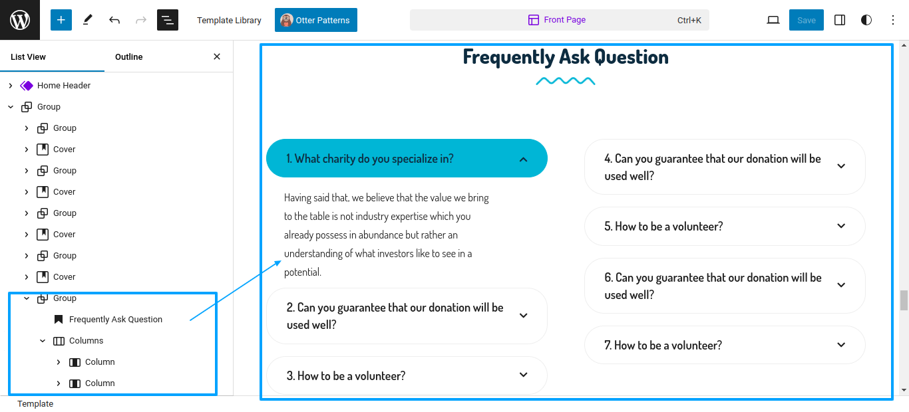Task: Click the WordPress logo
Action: [20, 20]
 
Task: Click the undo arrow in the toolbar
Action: [114, 20]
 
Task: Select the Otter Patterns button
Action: [315, 20]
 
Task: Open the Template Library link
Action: [229, 20]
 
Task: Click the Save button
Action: [806, 20]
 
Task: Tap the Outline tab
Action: [128, 56]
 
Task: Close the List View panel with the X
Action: [217, 56]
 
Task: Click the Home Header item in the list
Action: [64, 86]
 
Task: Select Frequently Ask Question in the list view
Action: [116, 319]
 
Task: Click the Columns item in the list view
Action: [86, 341]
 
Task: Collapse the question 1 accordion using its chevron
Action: [524, 159]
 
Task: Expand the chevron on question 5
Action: [841, 226]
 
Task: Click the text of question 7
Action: [663, 345]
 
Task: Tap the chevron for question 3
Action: [524, 375]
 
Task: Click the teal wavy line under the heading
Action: [565, 81]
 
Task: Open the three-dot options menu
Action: [893, 20]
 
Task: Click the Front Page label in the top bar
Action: [564, 20]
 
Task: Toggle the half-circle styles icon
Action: [866, 20]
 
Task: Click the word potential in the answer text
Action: [302, 272]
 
